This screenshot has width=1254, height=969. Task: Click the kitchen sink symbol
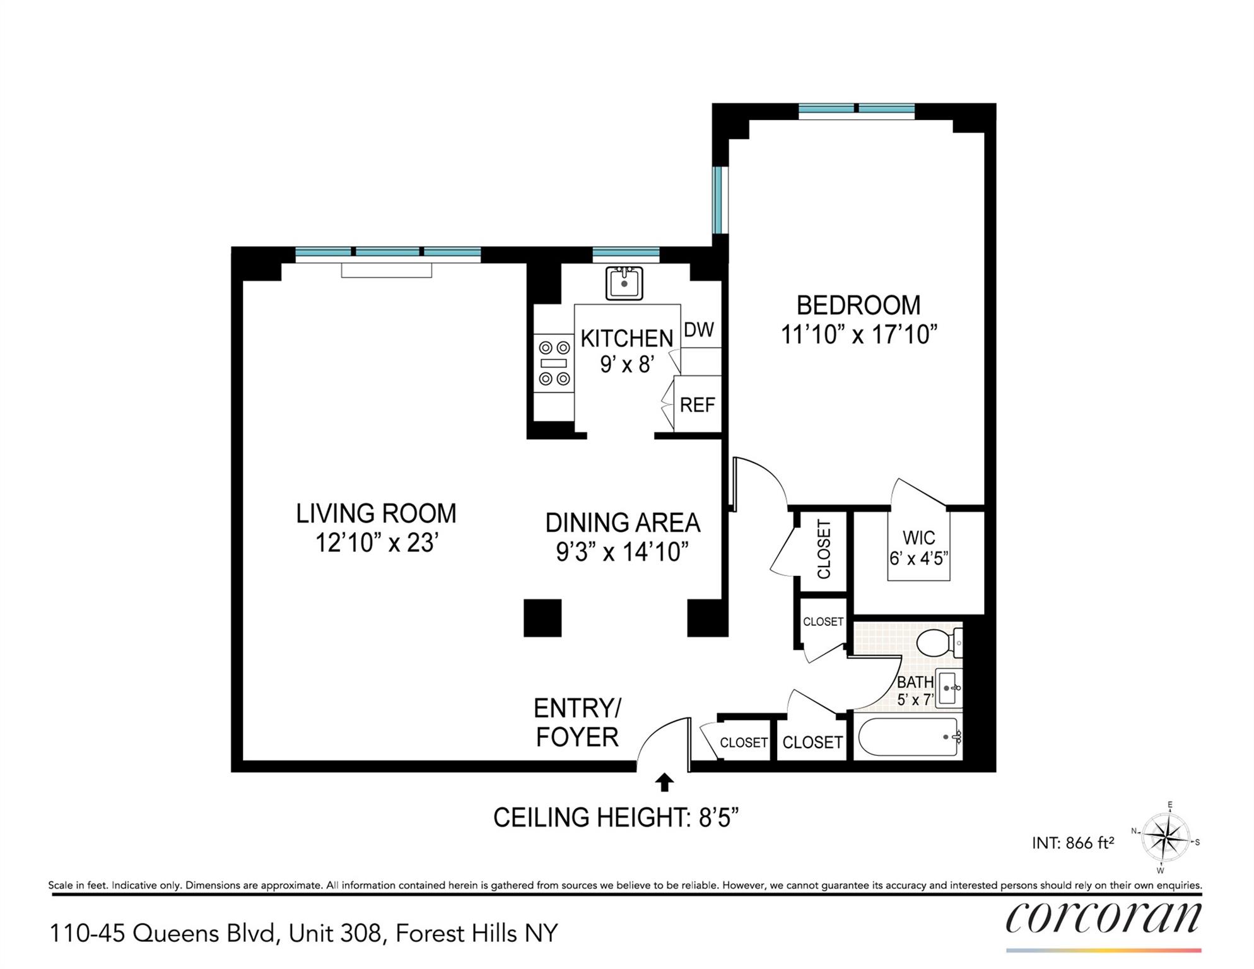click(x=624, y=283)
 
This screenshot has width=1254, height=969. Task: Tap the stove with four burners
click(x=554, y=363)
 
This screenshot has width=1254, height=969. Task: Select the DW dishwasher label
click(x=699, y=329)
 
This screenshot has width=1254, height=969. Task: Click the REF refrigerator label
click(x=698, y=404)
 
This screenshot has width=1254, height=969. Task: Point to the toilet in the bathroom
click(x=937, y=643)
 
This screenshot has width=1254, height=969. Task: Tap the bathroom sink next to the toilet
click(x=948, y=688)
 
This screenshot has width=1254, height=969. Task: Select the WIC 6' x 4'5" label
click(x=918, y=548)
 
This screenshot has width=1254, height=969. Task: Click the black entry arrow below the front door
click(x=664, y=783)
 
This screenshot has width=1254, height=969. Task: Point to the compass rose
click(x=1166, y=838)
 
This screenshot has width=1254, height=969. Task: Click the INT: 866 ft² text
click(x=1073, y=842)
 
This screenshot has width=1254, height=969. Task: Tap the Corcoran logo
click(x=1103, y=918)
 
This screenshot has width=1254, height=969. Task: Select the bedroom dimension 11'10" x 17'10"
click(x=858, y=335)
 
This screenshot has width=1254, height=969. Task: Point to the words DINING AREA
click(x=623, y=522)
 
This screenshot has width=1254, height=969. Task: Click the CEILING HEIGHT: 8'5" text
click(x=616, y=818)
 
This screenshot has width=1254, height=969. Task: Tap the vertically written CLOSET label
click(x=824, y=549)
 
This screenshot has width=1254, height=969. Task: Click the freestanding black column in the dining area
click(x=542, y=618)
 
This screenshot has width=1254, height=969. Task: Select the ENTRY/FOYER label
click(x=577, y=722)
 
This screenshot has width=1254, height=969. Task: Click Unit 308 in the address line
click(x=336, y=933)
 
